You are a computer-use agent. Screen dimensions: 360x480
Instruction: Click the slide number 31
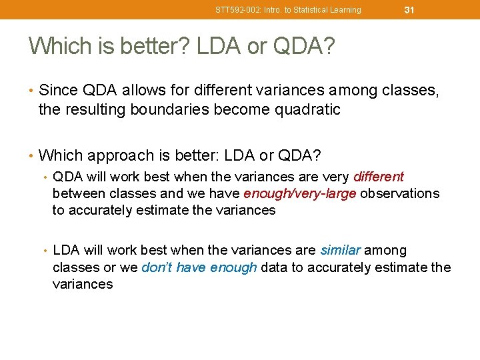409,9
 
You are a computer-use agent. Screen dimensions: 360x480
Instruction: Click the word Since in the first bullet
57,91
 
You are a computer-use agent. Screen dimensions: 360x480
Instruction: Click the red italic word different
379,177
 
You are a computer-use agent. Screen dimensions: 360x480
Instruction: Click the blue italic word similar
340,250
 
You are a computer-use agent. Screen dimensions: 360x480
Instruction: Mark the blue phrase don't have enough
199,267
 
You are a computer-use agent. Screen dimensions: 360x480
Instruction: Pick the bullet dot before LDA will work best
45,251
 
